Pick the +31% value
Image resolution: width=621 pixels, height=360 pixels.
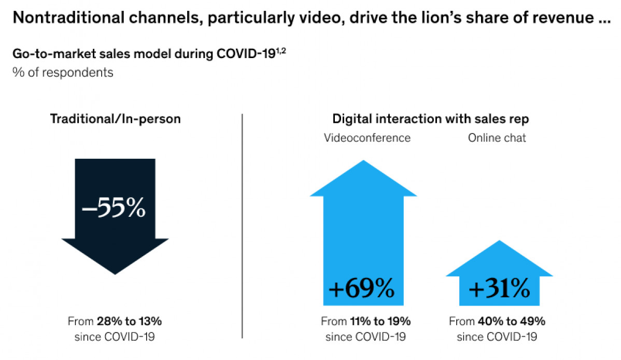(499, 289)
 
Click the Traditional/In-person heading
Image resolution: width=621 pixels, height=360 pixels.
(115, 119)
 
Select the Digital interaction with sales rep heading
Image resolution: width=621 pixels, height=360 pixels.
(431, 119)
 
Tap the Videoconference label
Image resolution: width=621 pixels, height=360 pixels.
(367, 138)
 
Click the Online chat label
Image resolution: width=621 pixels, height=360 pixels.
(497, 138)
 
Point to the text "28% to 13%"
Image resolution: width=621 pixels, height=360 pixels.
(132, 321)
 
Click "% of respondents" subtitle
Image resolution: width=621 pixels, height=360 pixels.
(63, 72)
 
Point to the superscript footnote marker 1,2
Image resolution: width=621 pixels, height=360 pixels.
(281, 50)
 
